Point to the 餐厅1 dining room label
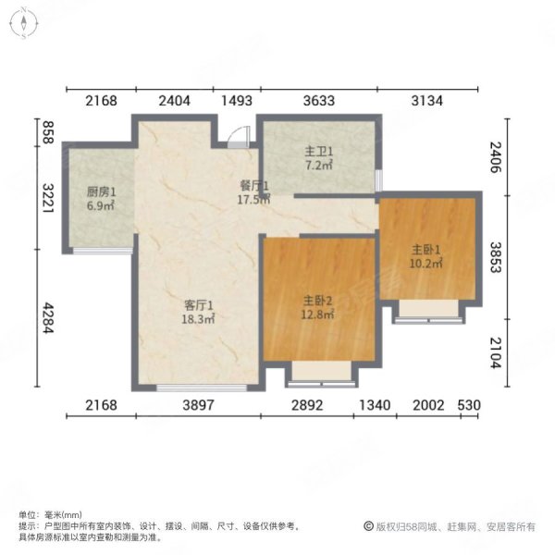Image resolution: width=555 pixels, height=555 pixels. click(253, 185)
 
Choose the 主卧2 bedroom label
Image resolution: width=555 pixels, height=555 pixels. click(318, 301)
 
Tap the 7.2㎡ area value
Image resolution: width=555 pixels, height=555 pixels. click(320, 166)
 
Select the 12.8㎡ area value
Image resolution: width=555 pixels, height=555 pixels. click(318, 314)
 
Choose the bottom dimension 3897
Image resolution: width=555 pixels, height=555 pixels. click(197, 406)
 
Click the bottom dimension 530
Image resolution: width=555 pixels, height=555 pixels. click(470, 406)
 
